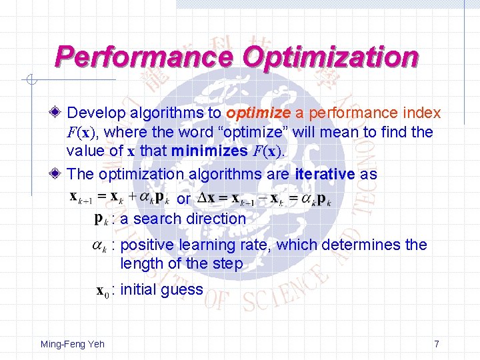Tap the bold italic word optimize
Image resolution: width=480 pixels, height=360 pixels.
pyautogui.click(x=258, y=114)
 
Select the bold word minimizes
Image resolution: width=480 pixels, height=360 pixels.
pyautogui.click(x=210, y=151)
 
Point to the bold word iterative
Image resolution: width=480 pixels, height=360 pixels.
pyautogui.click(x=324, y=175)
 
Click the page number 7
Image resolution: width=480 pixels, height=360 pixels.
pyautogui.click(x=436, y=344)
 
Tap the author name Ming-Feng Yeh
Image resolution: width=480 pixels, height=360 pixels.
pyautogui.click(x=72, y=344)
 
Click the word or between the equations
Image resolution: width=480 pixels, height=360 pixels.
pyautogui.click(x=183, y=199)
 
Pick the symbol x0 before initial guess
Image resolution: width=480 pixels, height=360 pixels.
pyautogui.click(x=102, y=291)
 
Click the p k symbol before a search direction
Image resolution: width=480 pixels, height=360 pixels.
pyautogui.click(x=99, y=218)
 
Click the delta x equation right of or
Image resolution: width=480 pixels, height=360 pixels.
pyautogui.click(x=265, y=199)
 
